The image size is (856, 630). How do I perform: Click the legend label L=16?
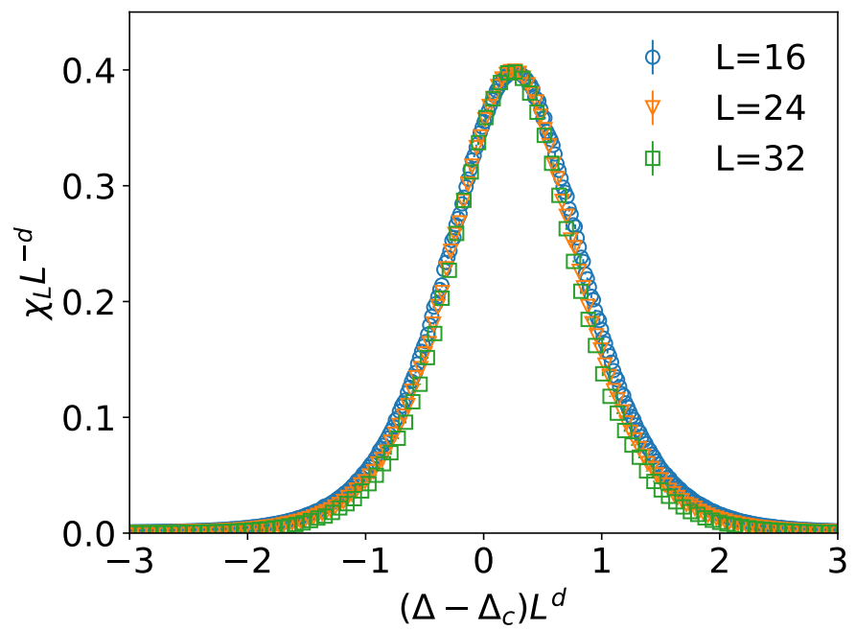(760, 58)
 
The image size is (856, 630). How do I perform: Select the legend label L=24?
(760, 108)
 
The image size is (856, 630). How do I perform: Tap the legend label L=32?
(760, 158)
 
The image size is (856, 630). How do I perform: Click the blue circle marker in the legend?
(653, 58)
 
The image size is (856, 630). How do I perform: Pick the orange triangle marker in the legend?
(653, 108)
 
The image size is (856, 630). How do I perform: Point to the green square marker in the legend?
(653, 158)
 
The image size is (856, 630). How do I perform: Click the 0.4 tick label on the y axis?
(91, 71)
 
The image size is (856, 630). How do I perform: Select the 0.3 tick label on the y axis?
(91, 186)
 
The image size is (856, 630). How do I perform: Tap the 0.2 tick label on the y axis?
(91, 302)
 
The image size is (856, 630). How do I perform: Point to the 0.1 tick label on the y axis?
(91, 418)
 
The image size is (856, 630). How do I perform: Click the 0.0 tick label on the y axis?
(91, 533)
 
